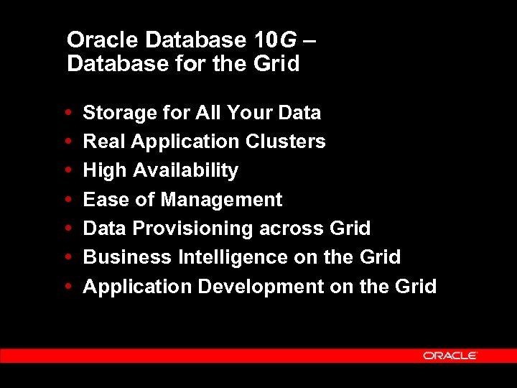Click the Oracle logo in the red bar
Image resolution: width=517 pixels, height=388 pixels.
450,355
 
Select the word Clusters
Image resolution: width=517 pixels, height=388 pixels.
285,142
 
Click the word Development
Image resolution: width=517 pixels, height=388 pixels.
261,287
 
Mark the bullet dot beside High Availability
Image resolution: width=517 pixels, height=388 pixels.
67,171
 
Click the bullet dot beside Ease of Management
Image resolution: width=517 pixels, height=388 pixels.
67,200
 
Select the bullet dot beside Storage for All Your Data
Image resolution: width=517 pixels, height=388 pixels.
67,113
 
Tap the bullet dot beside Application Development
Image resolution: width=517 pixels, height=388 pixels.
67,287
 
